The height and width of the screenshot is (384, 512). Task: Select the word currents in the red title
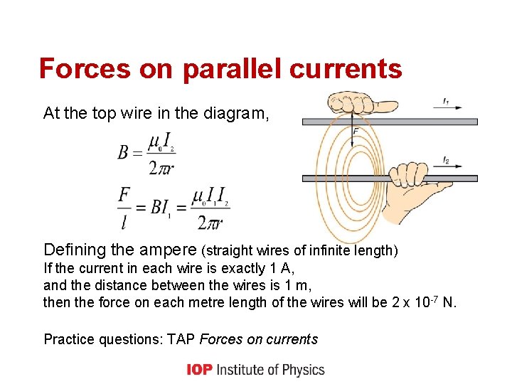(353, 69)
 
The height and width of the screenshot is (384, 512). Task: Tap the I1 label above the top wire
(446, 102)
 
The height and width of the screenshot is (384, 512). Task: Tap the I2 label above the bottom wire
(446, 161)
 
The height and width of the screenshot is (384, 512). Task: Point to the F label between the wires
(356, 132)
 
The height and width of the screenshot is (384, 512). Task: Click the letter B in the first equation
(124, 153)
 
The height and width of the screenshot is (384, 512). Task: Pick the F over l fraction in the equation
(124, 208)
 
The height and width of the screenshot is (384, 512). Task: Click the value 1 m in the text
(299, 285)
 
